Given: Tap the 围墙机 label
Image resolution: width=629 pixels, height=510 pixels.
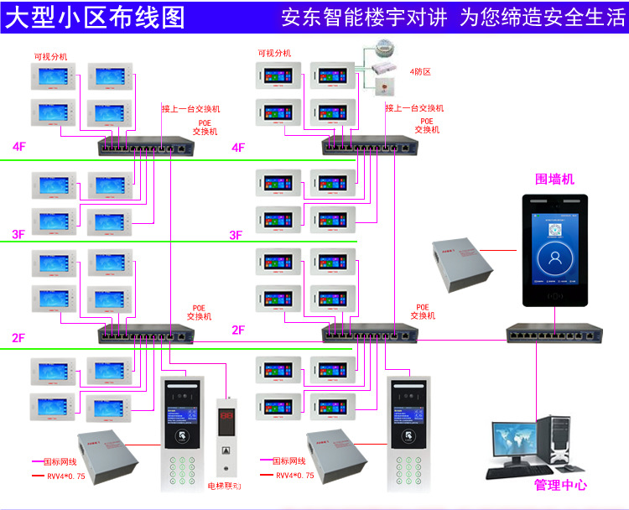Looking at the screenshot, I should [x=555, y=179].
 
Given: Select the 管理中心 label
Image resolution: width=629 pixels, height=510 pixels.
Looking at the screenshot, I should [x=560, y=485].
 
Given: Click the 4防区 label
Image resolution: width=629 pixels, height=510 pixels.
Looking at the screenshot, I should [x=419, y=72].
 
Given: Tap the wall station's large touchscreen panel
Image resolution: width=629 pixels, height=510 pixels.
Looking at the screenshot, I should [x=555, y=252].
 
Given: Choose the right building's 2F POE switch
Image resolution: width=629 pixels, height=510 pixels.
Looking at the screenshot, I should [x=369, y=334].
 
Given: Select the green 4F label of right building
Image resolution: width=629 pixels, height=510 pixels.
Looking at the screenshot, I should [x=238, y=148].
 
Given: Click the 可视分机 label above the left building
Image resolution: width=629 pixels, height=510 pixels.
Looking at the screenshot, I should [x=50, y=56].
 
